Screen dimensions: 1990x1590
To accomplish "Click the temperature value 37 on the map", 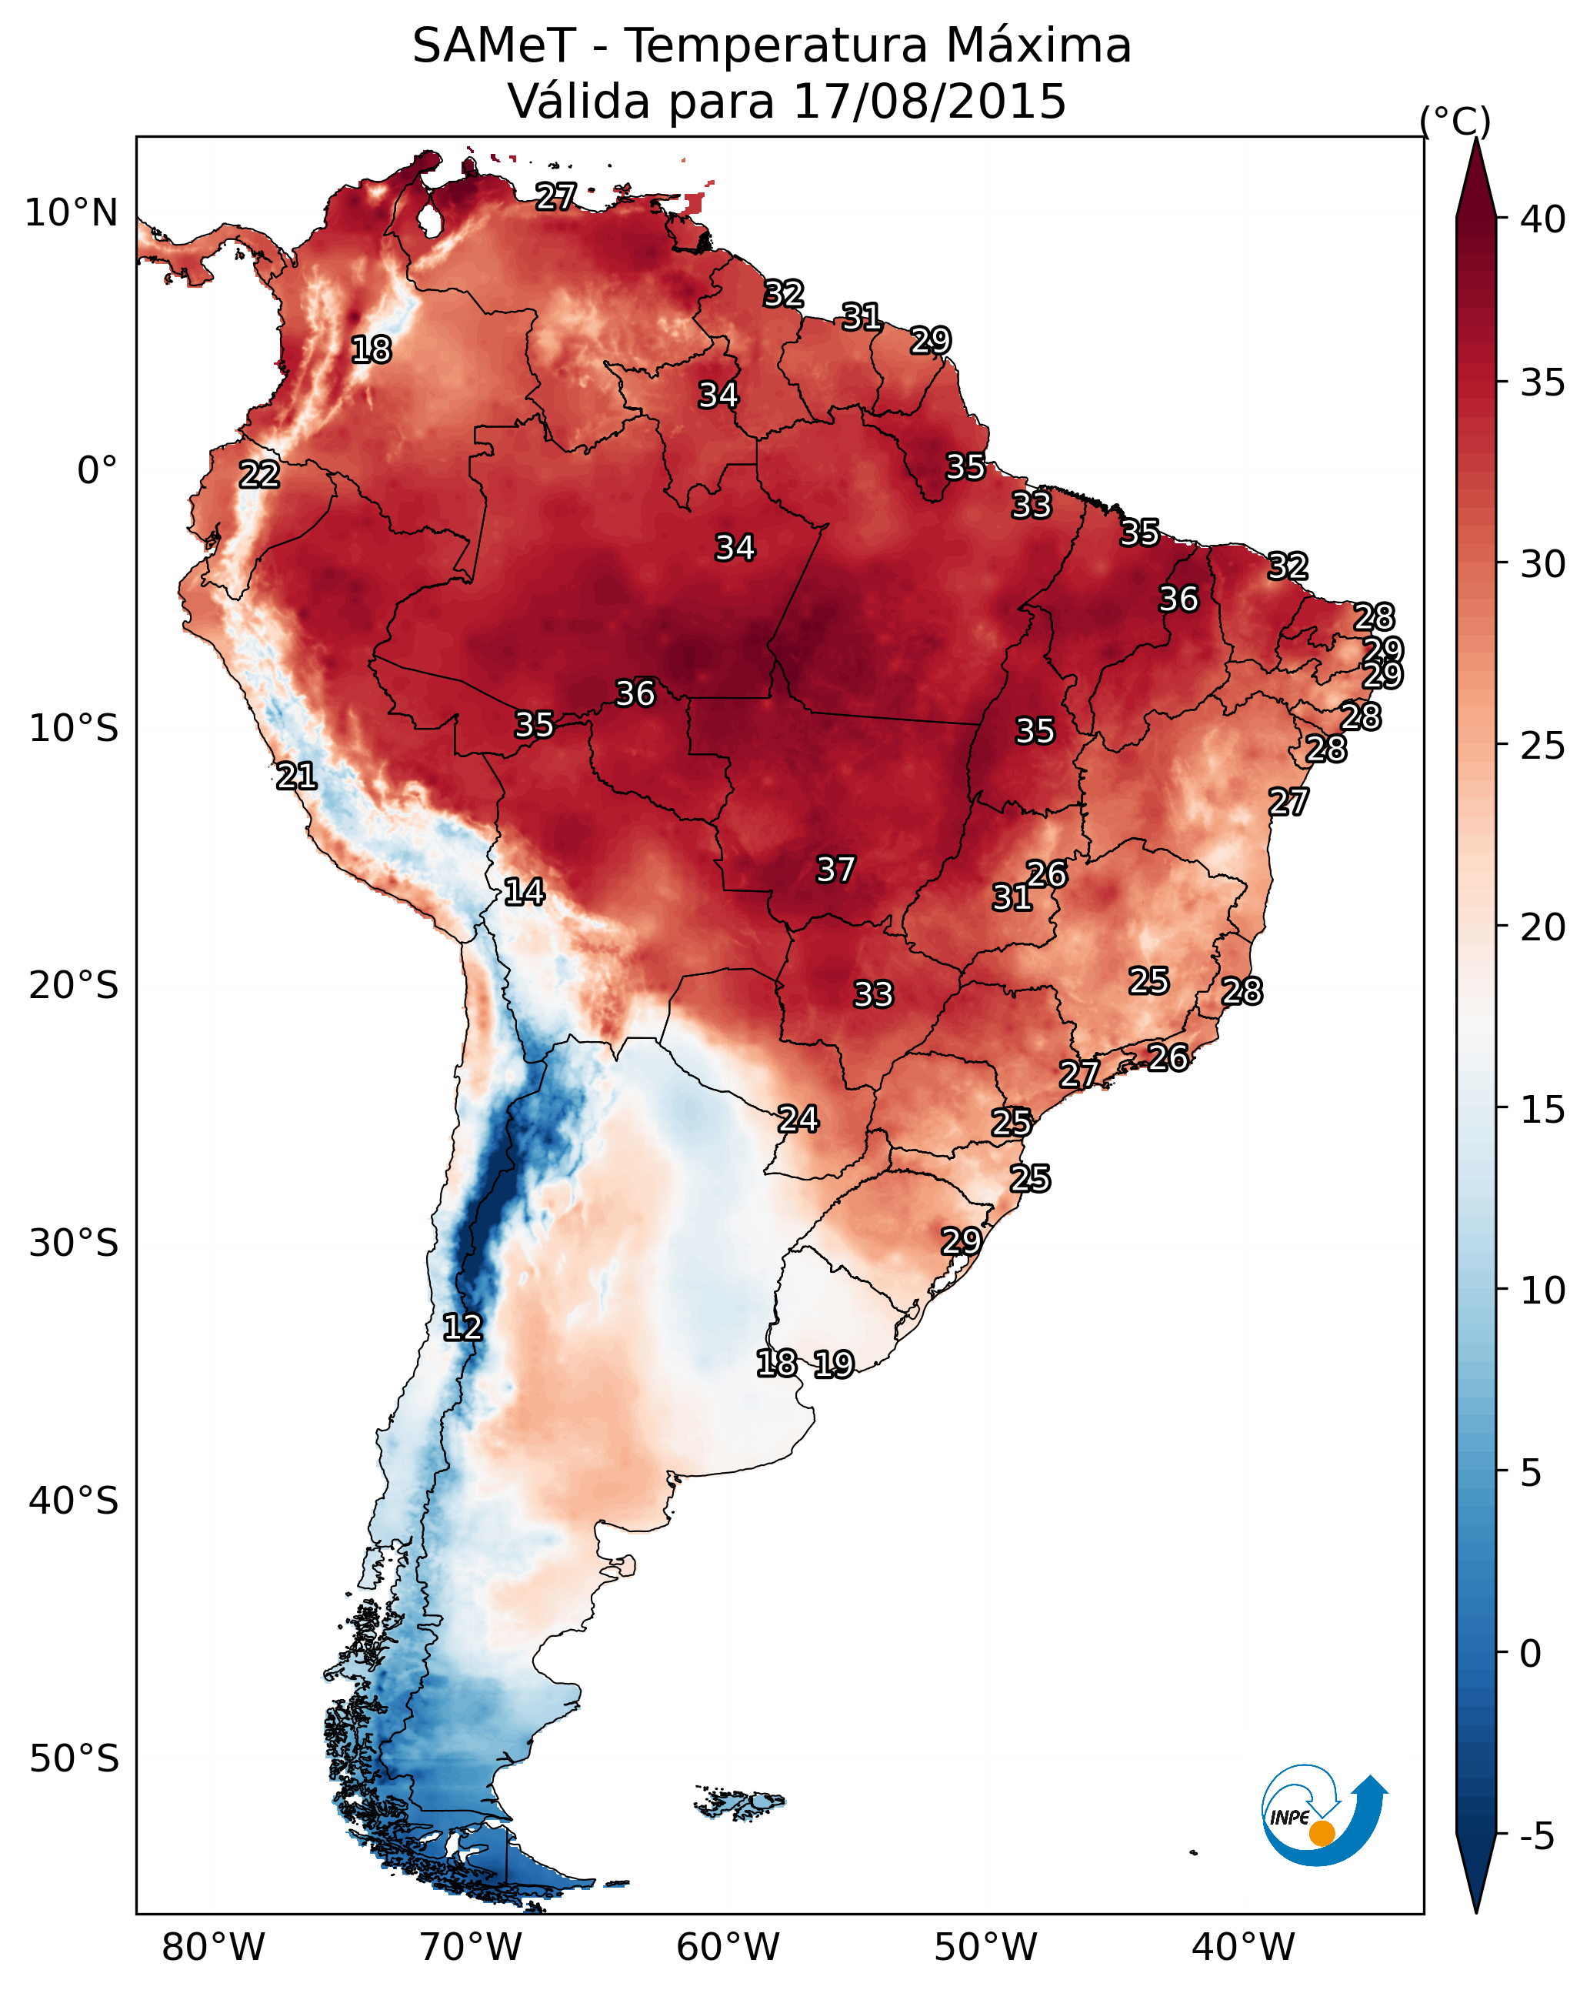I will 835,870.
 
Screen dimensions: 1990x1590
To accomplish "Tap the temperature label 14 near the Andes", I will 523,892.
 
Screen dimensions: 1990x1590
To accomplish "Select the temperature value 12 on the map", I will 462,1327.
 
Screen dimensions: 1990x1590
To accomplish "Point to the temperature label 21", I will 296,776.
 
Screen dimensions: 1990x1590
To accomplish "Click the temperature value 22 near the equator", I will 259,475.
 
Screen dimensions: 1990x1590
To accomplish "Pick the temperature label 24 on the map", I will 797,1119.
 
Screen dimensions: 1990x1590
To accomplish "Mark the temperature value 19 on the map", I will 833,1364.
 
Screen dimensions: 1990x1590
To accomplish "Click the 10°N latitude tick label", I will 71,213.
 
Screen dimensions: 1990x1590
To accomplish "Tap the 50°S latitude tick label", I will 74,1759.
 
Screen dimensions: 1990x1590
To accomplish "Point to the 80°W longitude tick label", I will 213,1947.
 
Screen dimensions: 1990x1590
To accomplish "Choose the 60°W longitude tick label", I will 728,1947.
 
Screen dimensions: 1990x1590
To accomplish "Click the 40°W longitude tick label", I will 1243,1947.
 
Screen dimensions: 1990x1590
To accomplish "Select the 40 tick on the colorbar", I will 1543,219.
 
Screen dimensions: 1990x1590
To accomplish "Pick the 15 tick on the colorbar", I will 1543,1110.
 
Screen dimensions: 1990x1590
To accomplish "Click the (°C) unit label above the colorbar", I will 1455,121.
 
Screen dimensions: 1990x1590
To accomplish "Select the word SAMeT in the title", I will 494,46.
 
